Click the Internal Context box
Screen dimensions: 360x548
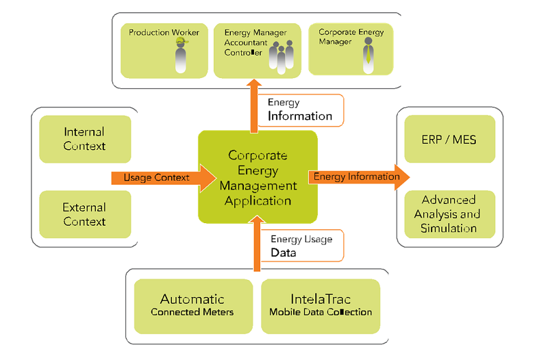click(85, 139)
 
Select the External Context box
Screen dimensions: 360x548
click(85, 214)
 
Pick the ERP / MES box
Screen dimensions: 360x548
click(449, 139)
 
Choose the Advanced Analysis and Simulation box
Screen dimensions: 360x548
click(449, 214)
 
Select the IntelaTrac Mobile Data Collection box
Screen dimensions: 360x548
click(321, 305)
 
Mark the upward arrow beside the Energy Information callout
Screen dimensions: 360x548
click(256, 105)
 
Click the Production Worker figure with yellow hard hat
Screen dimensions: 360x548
click(179, 55)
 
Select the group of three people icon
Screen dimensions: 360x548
click(280, 56)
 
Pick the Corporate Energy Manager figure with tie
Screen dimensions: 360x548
click(368, 55)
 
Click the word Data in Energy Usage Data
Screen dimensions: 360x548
click(284, 253)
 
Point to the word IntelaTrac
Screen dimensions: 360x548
click(320, 299)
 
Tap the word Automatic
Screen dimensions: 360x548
click(192, 299)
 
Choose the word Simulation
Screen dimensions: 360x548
click(449, 228)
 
